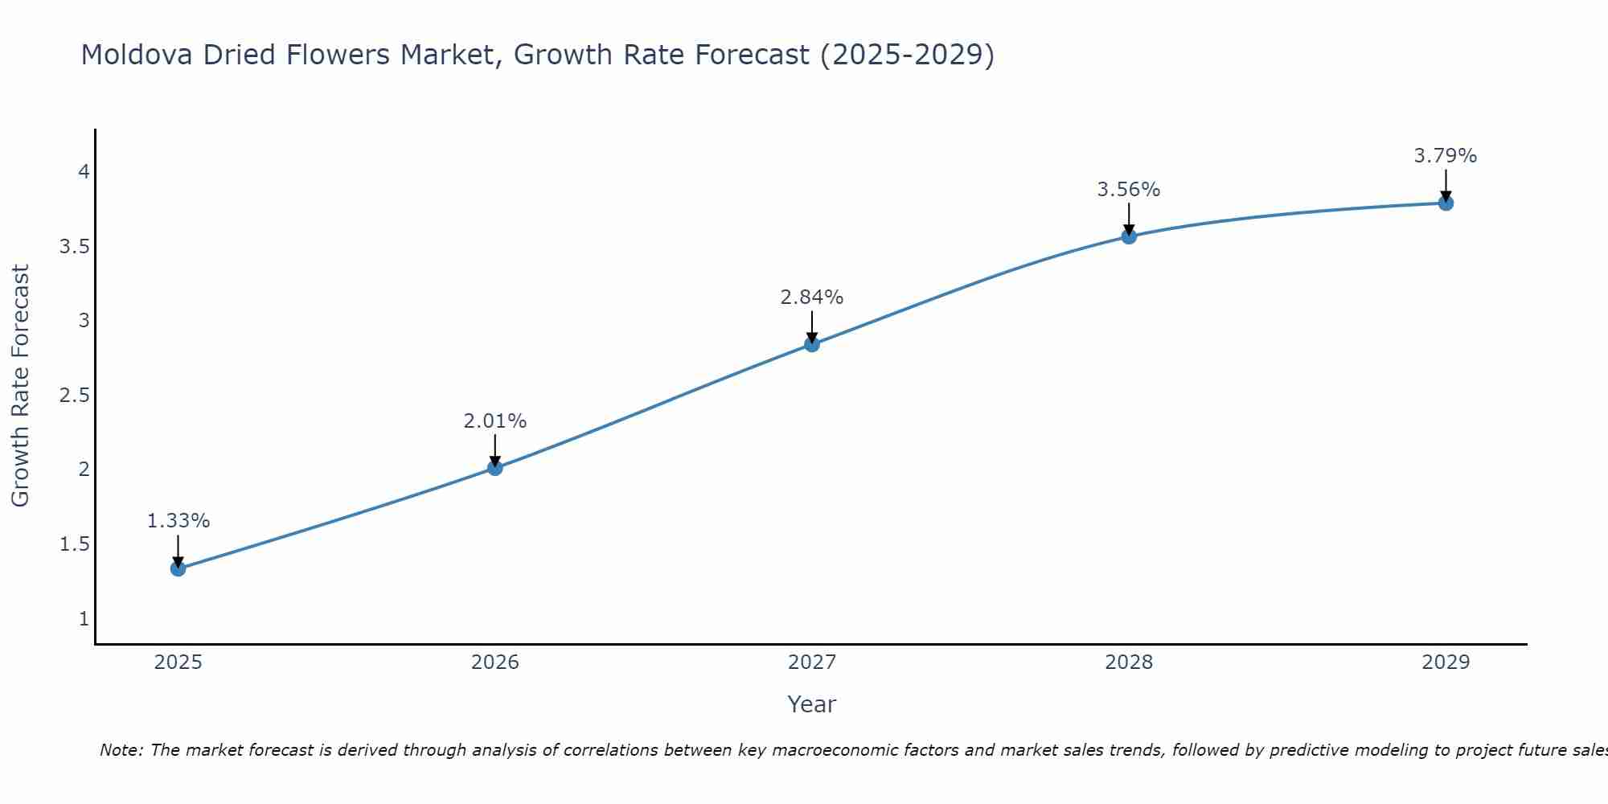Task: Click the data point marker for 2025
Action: pyautogui.click(x=178, y=568)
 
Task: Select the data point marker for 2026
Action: pyautogui.click(x=495, y=467)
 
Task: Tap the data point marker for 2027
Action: pyautogui.click(x=812, y=344)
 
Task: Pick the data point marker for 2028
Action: pyautogui.click(x=1129, y=236)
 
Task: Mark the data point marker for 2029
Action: pyautogui.click(x=1446, y=203)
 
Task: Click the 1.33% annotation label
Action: pyautogui.click(x=178, y=521)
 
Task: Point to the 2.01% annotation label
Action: pyautogui.click(x=495, y=421)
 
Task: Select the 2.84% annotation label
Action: pyautogui.click(x=812, y=297)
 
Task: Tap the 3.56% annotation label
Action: pyautogui.click(x=1129, y=190)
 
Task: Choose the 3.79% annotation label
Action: pyautogui.click(x=1446, y=156)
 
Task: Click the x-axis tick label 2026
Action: pyautogui.click(x=495, y=662)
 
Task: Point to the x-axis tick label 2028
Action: pyautogui.click(x=1129, y=662)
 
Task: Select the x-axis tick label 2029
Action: pyautogui.click(x=1446, y=662)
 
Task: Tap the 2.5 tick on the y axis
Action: pyautogui.click(x=74, y=396)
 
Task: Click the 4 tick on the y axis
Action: pyautogui.click(x=84, y=172)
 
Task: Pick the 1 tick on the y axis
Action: pyautogui.click(x=84, y=619)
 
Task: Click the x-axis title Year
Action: pyautogui.click(x=812, y=704)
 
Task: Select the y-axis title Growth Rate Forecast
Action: pyautogui.click(x=21, y=386)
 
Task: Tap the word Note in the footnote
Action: pyautogui.click(x=121, y=750)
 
